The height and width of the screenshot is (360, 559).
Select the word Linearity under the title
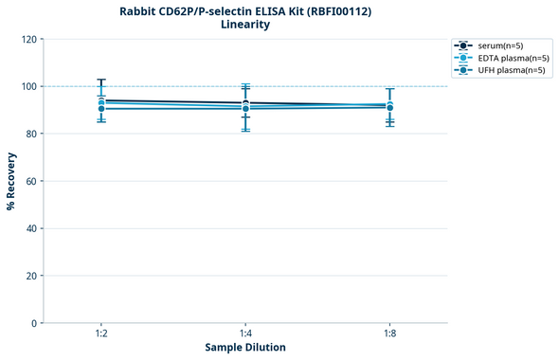tap(245, 25)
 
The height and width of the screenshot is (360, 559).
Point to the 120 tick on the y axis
tap(28, 39)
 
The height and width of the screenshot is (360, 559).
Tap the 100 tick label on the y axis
tap(28, 86)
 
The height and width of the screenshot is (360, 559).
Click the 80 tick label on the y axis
tap(31, 134)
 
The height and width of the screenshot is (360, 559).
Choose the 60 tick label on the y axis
tap(31, 181)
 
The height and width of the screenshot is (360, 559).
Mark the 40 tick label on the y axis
tap(31, 228)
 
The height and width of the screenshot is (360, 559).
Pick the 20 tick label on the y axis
tap(31, 276)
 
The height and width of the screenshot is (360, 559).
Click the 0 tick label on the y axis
tap(34, 323)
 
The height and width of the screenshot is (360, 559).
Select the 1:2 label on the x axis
tap(100, 334)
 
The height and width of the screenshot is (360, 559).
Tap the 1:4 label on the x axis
tap(245, 334)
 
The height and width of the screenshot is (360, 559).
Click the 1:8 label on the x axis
tap(389, 334)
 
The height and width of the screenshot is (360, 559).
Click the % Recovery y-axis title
tap(11, 180)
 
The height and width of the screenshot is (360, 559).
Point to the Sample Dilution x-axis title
tap(245, 348)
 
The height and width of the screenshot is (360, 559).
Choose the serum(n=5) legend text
tap(501, 45)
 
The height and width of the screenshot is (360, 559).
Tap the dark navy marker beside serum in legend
tap(463, 45)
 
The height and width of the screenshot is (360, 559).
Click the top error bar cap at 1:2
tap(101, 80)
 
